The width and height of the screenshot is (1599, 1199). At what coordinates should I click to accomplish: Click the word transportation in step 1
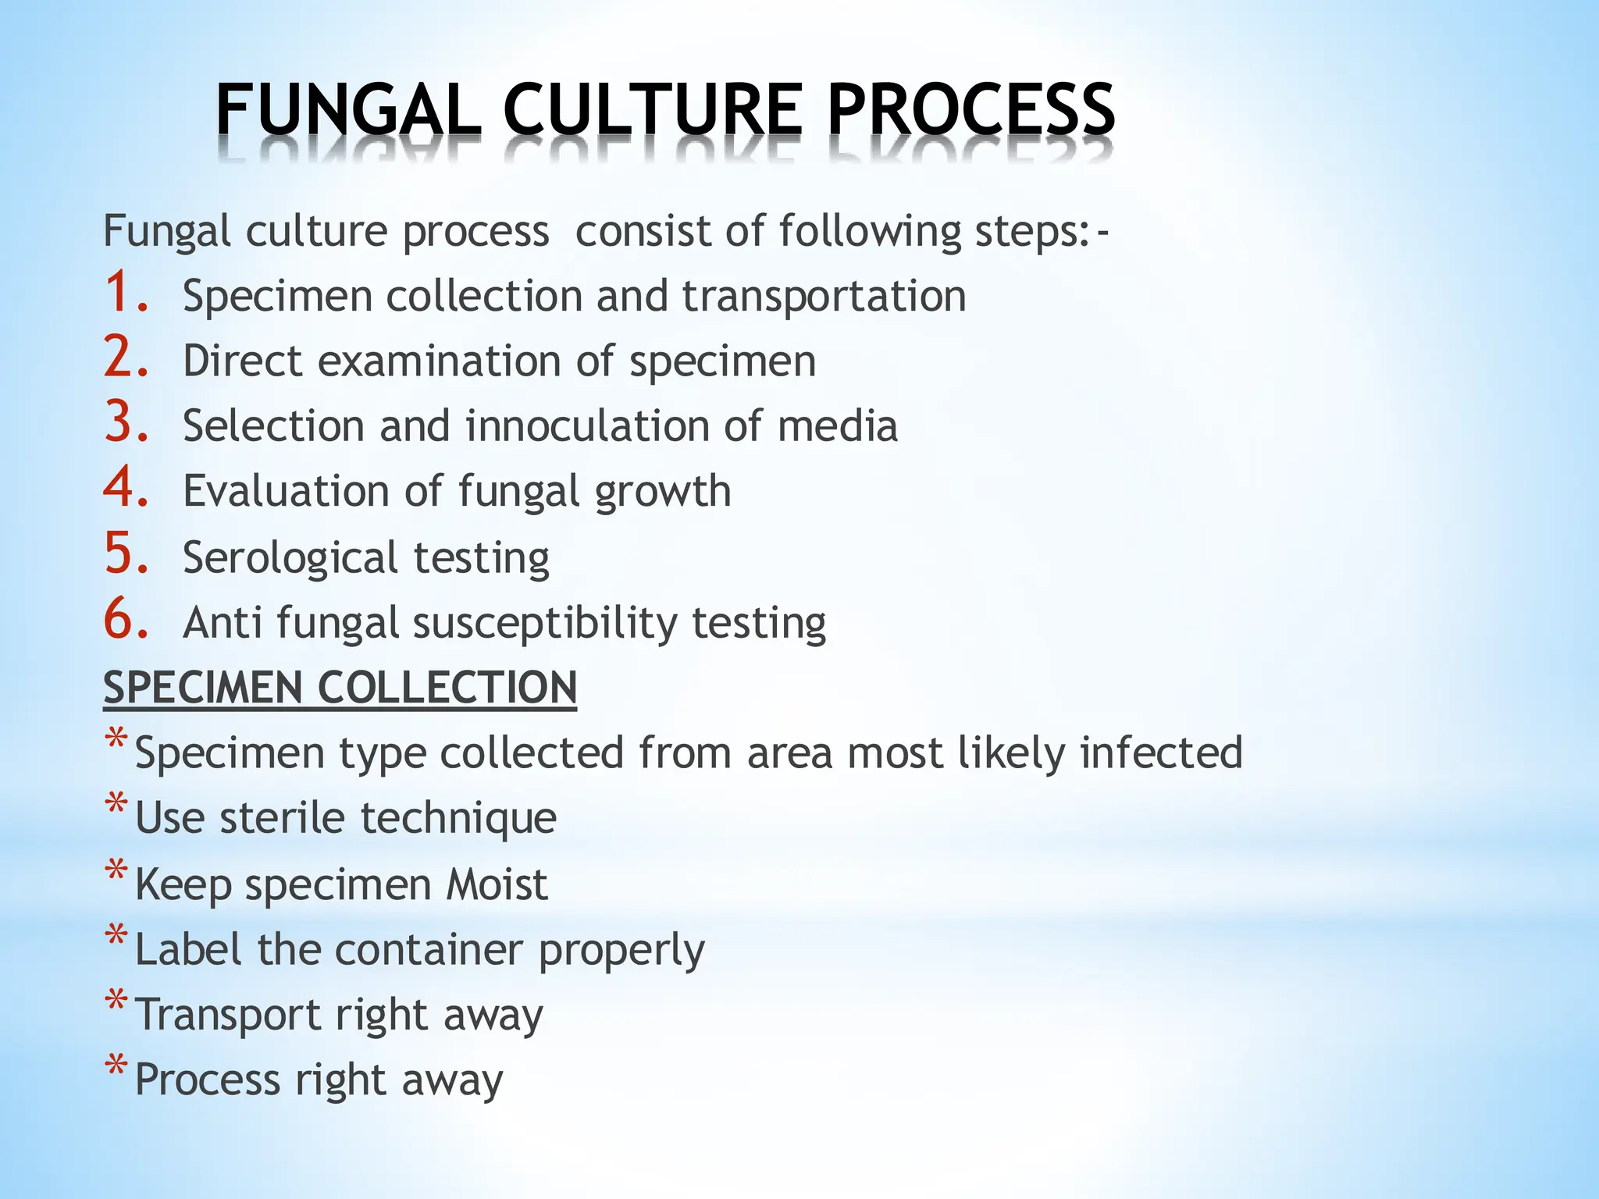pyautogui.click(x=824, y=297)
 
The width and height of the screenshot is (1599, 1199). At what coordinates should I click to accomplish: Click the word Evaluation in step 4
pyautogui.click(x=286, y=491)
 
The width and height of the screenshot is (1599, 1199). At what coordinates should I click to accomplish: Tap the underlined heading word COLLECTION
pyautogui.click(x=447, y=688)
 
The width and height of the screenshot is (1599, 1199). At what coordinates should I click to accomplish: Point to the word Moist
pyautogui.click(x=497, y=884)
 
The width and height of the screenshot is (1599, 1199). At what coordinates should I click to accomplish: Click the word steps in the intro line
pyautogui.click(x=1025, y=232)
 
